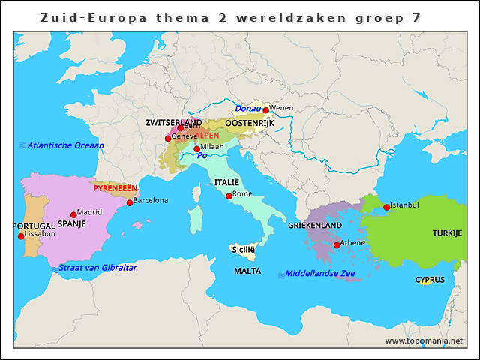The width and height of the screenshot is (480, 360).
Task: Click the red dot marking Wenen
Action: pos(265,110)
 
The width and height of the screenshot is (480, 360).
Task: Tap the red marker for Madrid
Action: pos(73,214)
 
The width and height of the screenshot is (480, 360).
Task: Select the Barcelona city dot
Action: pos(130,202)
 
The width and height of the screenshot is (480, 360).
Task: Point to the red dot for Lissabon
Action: pos(21,236)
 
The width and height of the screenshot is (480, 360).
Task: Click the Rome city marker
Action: pos(229,196)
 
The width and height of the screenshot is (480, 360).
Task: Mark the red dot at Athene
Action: pos(337,244)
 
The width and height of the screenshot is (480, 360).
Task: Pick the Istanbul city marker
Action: pos(386,207)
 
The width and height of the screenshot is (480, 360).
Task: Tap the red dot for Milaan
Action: pos(197,149)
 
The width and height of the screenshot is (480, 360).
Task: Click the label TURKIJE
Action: pos(447,233)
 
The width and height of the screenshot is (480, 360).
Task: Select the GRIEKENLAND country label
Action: pos(315,225)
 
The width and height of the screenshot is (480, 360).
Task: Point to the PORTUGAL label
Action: pos(34,226)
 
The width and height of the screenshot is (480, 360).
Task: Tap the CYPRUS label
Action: pos(430,280)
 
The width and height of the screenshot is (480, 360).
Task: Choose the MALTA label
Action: pos(247,271)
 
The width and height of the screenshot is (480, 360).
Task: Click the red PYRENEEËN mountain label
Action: pos(115,188)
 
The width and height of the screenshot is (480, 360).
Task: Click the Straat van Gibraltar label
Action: pos(97,268)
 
